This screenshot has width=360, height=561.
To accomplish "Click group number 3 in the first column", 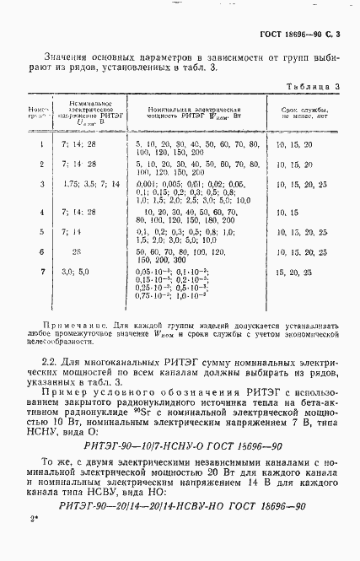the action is point(42,183).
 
